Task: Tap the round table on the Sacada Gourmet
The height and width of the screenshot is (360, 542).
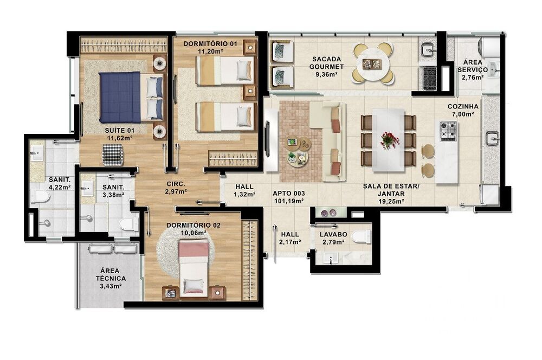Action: [x=372, y=64]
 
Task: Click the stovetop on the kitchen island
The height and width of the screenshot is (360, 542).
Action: [x=448, y=131]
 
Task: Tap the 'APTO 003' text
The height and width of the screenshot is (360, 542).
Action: [x=288, y=192]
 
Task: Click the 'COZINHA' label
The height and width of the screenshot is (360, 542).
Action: [x=463, y=107]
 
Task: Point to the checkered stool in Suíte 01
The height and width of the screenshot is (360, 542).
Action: [x=113, y=155]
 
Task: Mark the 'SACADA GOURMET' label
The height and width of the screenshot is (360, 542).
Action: [x=327, y=62]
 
